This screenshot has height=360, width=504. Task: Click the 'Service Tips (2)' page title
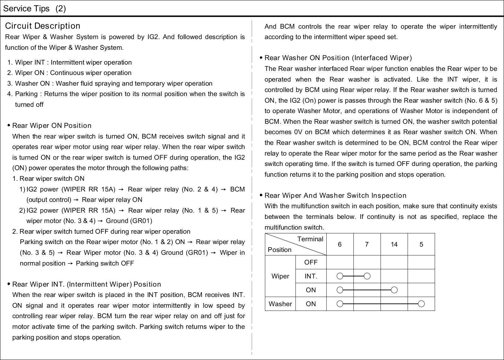pyautogui.click(x=34, y=9)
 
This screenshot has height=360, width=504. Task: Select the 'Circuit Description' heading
pyautogui.click(x=43, y=26)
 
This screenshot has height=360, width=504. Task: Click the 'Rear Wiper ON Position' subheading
pyautogui.click(x=52, y=126)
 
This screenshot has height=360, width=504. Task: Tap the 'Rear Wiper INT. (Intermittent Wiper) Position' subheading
pyautogui.click(x=87, y=284)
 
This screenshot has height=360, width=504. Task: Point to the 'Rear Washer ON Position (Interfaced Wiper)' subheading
pyautogui.click(x=338, y=58)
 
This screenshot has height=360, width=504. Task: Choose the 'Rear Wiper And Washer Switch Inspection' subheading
pyautogui.click(x=335, y=196)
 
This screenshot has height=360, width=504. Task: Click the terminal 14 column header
pyautogui.click(x=394, y=244)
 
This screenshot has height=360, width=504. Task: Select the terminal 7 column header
pyautogui.click(x=367, y=244)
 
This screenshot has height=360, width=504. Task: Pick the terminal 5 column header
pyautogui.click(x=421, y=244)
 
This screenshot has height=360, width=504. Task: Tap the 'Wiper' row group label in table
pyautogui.click(x=280, y=276)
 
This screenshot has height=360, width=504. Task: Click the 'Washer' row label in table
pyautogui.click(x=280, y=304)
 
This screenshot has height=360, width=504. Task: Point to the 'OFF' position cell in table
pyautogui.click(x=311, y=262)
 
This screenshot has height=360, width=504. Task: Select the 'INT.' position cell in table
pyautogui.click(x=311, y=276)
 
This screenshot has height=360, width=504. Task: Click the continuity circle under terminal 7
pyautogui.click(x=367, y=276)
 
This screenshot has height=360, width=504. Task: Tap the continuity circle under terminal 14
pyautogui.click(x=394, y=290)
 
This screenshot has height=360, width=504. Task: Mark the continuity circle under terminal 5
pyautogui.click(x=421, y=304)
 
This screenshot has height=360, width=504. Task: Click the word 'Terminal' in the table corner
pyautogui.click(x=310, y=239)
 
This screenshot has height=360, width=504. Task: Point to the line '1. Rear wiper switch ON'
pyautogui.click(x=49, y=179)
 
